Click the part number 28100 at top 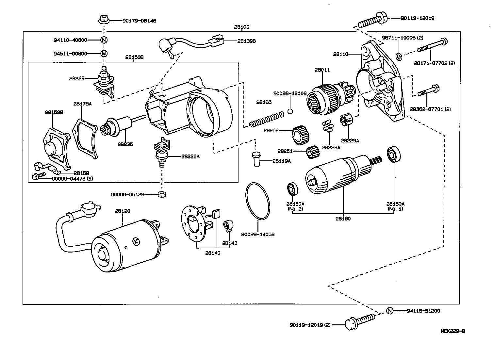[241, 27]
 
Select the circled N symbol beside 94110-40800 [103, 40]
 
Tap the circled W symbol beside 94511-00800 [103, 53]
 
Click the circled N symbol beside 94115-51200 [389, 311]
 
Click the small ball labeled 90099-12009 [290, 111]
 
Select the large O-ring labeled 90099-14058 [258, 201]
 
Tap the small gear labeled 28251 [312, 153]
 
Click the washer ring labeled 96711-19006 [399, 57]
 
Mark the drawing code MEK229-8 [453, 331]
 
